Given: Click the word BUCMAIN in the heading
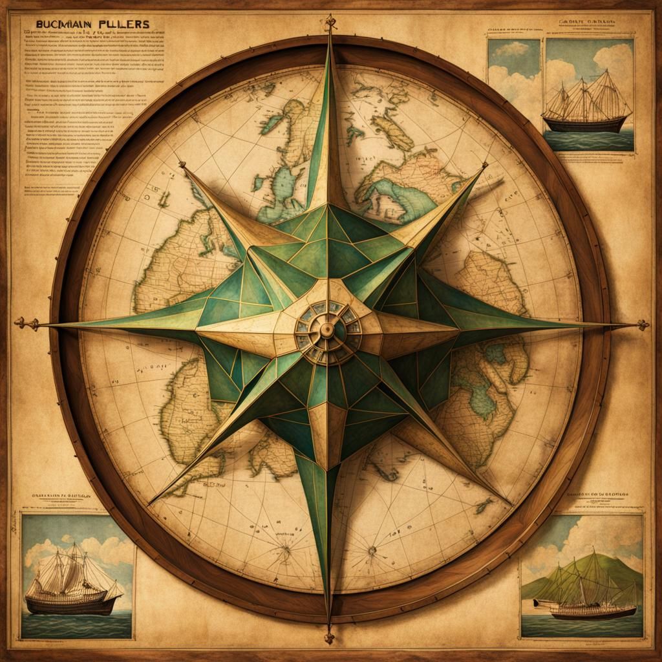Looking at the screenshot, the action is pyautogui.click(x=59, y=24).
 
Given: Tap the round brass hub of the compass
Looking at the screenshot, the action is pyautogui.click(x=326, y=330).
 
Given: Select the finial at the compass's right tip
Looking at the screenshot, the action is pyautogui.click(x=642, y=325).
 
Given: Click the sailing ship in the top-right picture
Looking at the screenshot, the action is pyautogui.click(x=586, y=107).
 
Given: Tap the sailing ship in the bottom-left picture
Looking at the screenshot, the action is pyautogui.click(x=72, y=582).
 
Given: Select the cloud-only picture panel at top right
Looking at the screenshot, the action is pyautogui.click(x=514, y=71).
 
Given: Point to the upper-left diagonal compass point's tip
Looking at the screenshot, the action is pyautogui.click(x=182, y=165).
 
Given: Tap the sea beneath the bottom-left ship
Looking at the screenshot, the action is pyautogui.click(x=71, y=624).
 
